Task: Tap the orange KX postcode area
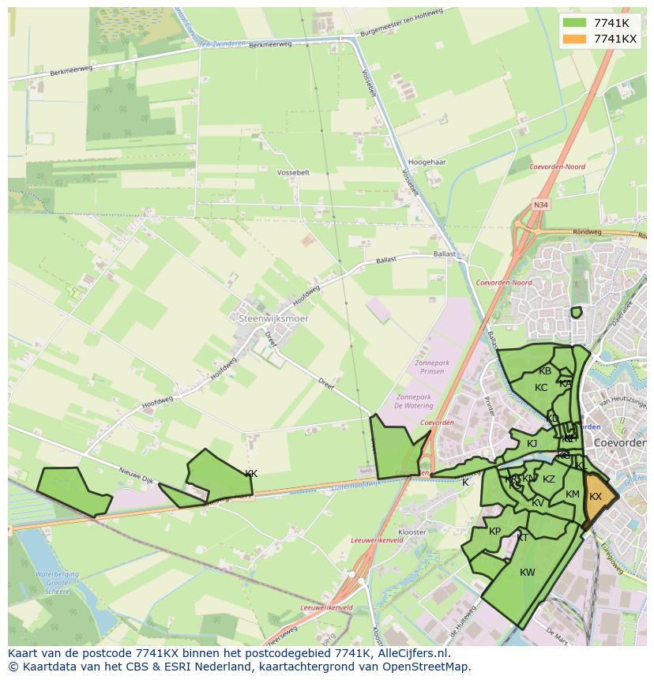596,498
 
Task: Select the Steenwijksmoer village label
273,318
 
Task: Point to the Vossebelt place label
293,171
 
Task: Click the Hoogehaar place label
429,162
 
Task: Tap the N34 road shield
540,205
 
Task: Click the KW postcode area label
528,573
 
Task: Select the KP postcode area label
494,532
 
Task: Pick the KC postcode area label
541,388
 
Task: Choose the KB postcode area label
545,371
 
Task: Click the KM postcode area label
573,495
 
